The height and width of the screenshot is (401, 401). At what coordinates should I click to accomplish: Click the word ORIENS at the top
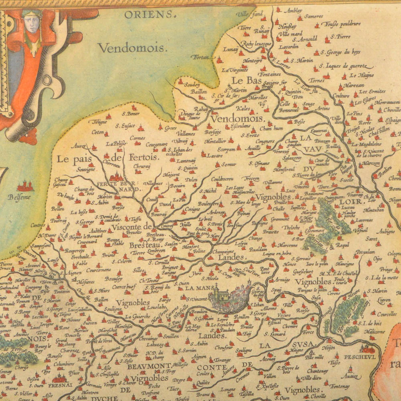(x=150, y=15)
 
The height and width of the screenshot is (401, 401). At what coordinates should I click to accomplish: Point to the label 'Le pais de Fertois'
(x=107, y=158)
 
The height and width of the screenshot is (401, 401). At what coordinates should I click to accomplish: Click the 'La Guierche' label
(x=138, y=316)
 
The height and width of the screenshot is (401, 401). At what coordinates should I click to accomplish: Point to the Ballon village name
(x=101, y=299)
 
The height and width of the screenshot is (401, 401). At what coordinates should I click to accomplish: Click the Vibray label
(x=180, y=142)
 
